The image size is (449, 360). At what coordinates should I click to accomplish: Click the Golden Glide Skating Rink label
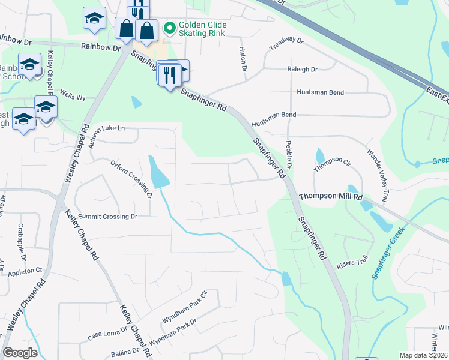click(202, 29)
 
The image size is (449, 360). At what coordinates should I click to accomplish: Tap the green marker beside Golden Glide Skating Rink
click(169, 28)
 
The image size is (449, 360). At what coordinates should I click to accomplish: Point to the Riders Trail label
click(352, 263)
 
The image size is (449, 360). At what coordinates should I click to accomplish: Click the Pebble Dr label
click(289, 154)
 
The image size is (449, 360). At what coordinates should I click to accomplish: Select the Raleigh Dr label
click(302, 70)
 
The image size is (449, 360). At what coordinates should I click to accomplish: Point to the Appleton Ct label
click(25, 271)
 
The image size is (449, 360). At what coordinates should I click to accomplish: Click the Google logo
click(20, 353)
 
